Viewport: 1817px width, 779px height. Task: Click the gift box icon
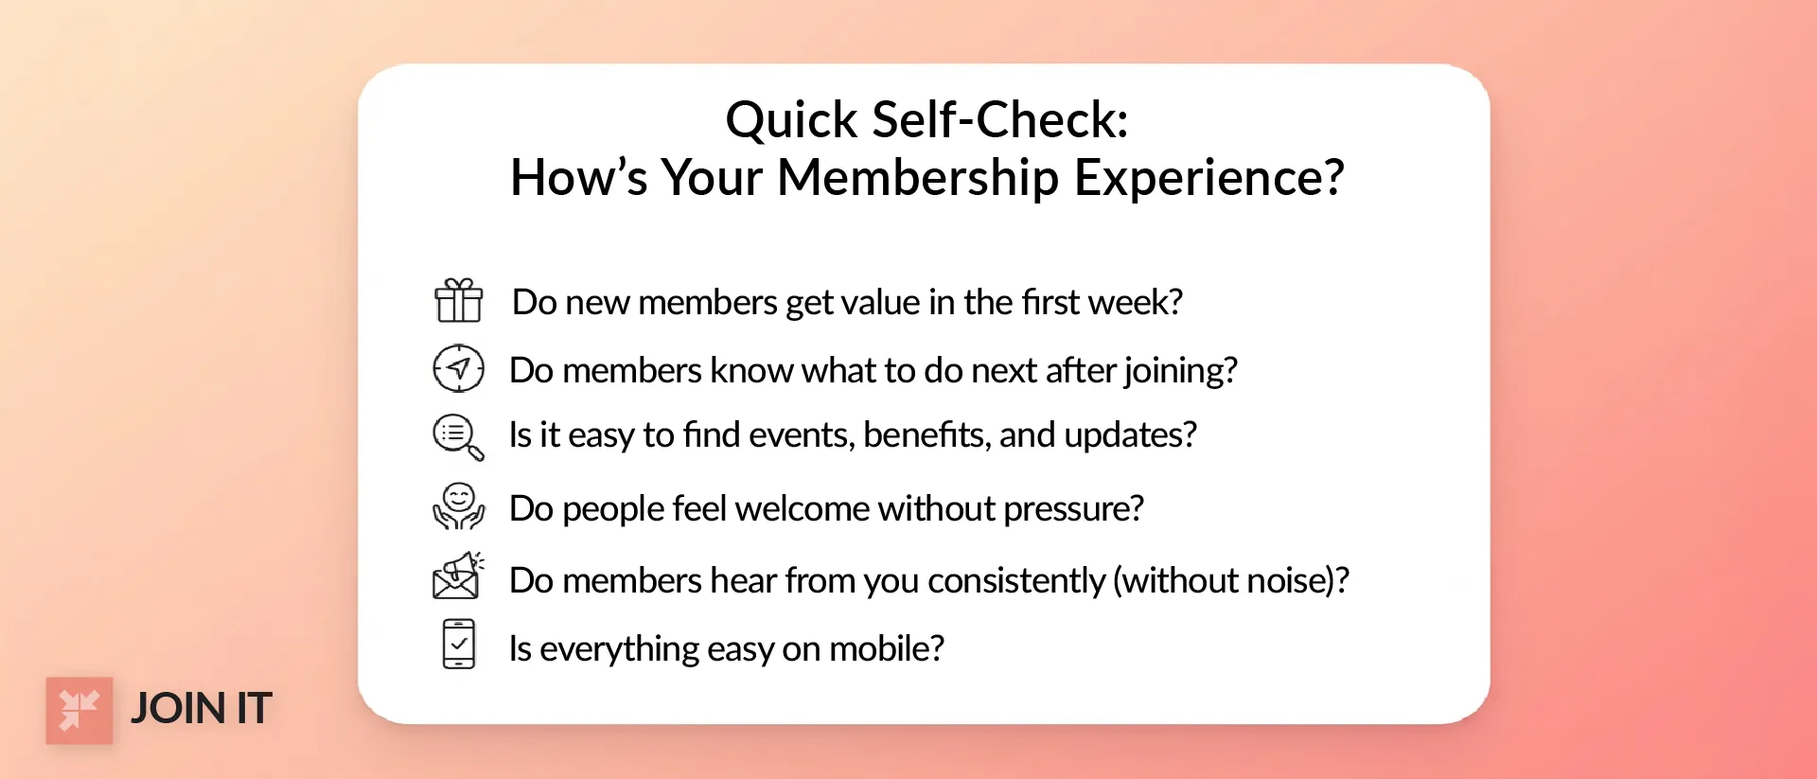458,301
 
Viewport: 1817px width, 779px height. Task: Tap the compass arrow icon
458,368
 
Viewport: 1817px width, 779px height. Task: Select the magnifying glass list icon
458,436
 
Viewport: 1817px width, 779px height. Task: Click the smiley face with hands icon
458,506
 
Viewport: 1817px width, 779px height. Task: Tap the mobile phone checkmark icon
458,645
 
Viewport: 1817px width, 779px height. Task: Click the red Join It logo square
79,710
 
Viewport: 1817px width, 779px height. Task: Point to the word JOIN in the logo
178,709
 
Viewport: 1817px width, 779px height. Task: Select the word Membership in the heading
917,178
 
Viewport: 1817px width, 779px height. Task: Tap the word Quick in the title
791,120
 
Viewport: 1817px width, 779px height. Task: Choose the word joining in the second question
1179,371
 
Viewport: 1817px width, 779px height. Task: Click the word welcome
802,509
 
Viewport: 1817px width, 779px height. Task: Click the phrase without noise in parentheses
1229,581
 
